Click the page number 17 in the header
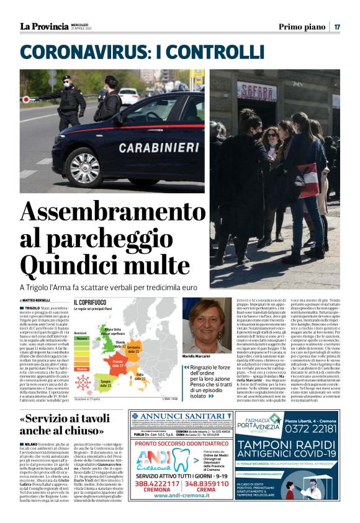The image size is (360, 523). click(337, 27)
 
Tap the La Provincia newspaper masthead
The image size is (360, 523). click(44, 26)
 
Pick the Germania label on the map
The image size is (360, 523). click(133, 350)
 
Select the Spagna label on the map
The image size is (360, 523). click(105, 383)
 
